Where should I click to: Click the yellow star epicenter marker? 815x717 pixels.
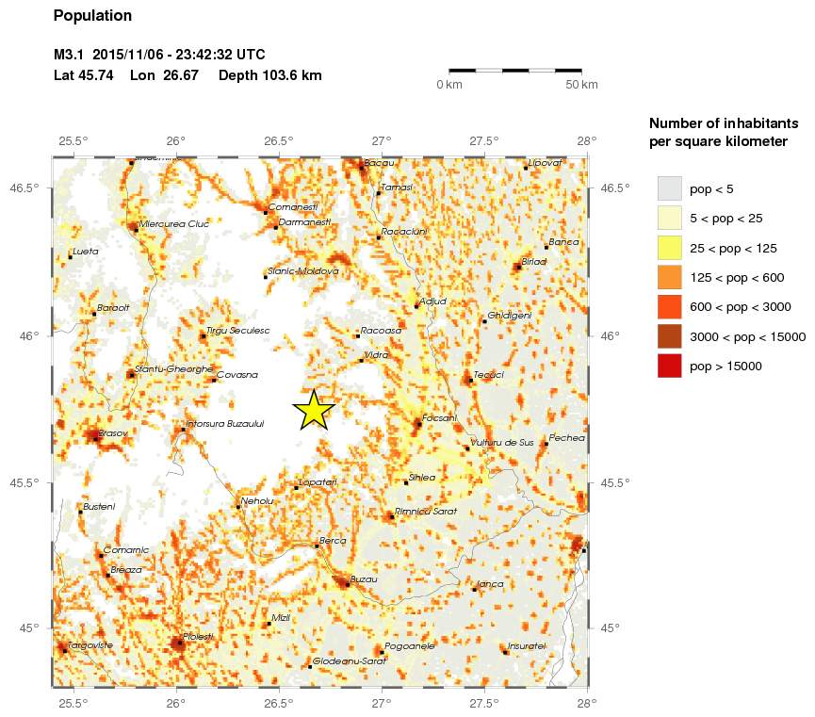pos(313,410)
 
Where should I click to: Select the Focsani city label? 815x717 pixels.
pos(440,417)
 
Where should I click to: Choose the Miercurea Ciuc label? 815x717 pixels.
pos(173,224)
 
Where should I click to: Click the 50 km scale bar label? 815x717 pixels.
pos(581,86)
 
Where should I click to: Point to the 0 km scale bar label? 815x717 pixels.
pos(448,86)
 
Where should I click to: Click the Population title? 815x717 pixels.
pos(93,16)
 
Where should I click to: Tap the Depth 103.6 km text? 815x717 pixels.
pos(270,74)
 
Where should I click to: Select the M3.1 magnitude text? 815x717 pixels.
pos(70,55)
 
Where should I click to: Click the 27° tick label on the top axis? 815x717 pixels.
pos(382,141)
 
